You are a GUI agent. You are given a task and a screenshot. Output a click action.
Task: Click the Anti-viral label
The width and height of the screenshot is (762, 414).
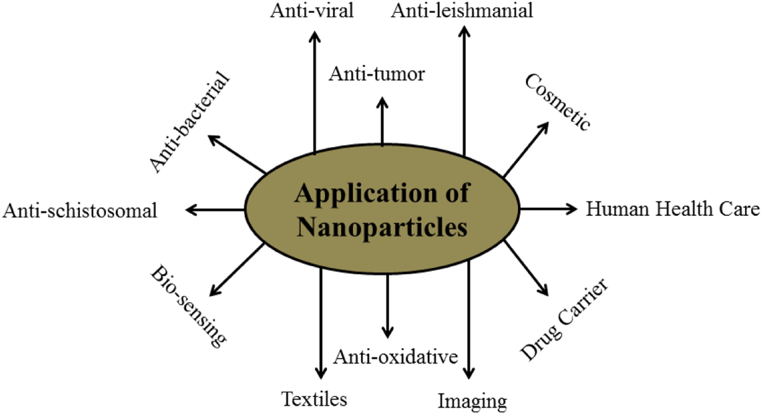[x=312, y=11]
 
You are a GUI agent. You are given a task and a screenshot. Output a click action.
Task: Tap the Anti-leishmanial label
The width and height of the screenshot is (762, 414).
[x=462, y=11]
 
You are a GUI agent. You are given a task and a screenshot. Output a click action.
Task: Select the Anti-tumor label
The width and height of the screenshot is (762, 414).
[x=377, y=74]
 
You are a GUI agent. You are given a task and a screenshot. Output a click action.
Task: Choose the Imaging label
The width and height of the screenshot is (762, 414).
[x=472, y=401]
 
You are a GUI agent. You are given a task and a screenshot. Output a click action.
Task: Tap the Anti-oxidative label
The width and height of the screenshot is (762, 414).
[x=395, y=356]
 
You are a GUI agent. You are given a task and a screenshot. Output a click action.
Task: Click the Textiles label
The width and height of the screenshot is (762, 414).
[x=314, y=399]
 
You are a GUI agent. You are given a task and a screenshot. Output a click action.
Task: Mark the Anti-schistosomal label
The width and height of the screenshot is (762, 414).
[x=80, y=211]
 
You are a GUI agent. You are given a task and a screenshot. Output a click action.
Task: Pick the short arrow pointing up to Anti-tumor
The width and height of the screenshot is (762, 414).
[x=382, y=121]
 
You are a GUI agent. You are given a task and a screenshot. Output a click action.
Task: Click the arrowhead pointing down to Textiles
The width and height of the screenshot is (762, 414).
[x=321, y=373]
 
